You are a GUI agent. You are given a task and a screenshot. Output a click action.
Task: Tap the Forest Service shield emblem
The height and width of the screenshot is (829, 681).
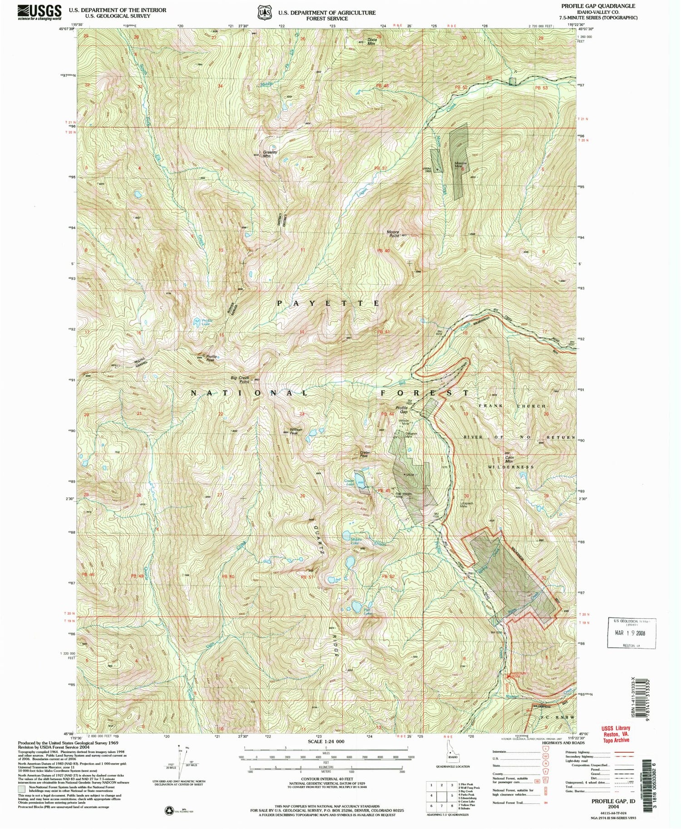point(264,13)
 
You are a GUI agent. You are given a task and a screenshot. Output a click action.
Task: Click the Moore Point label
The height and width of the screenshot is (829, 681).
point(393,234)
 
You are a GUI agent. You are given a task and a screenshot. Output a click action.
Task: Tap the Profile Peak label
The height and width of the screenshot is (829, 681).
point(212,358)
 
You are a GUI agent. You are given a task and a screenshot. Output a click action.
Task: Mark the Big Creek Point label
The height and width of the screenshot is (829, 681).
point(240,380)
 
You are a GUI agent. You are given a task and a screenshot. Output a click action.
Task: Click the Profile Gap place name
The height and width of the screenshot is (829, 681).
point(401,409)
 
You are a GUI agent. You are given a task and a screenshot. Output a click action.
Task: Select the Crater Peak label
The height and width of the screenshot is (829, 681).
point(365,454)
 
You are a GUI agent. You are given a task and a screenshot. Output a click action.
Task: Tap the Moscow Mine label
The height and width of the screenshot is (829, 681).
point(461,165)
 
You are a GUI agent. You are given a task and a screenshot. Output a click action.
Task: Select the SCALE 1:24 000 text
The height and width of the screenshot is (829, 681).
point(326,741)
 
